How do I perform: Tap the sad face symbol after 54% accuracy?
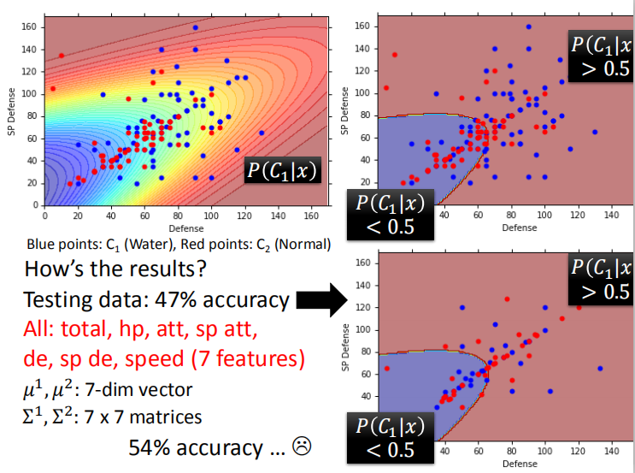301,446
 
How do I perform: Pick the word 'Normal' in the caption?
303,244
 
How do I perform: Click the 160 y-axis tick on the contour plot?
28,27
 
